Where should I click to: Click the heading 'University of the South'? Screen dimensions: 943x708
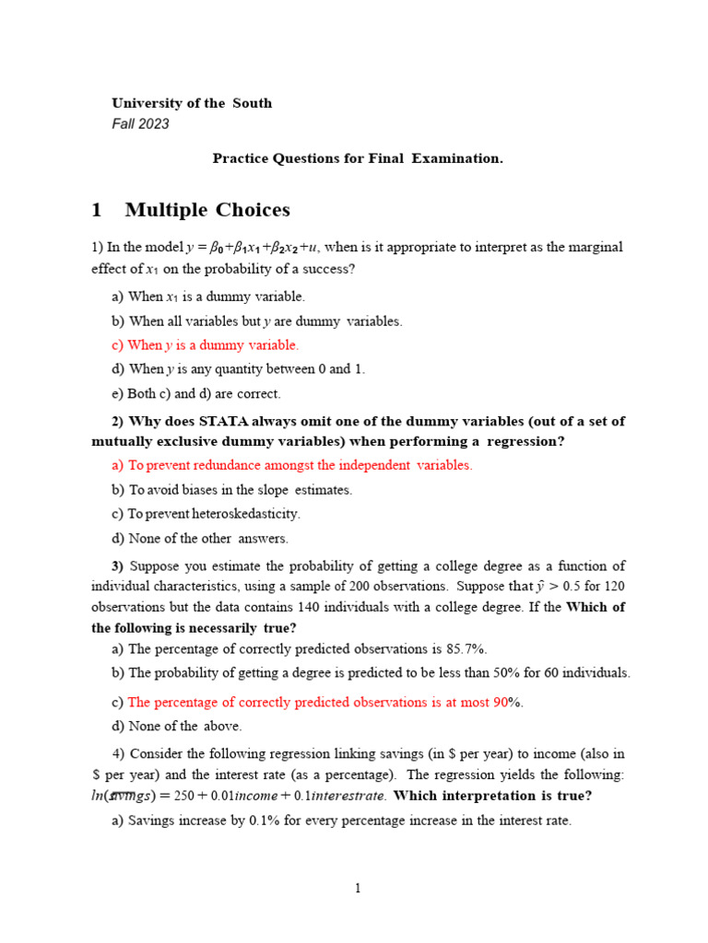(192, 103)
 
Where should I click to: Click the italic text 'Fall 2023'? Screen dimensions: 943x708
(140, 124)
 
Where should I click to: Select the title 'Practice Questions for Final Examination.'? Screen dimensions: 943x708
(358, 158)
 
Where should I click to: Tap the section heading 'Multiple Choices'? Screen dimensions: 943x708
(207, 210)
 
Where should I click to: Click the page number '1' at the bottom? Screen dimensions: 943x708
(359, 888)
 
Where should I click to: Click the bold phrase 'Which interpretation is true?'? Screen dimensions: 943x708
(492, 796)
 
